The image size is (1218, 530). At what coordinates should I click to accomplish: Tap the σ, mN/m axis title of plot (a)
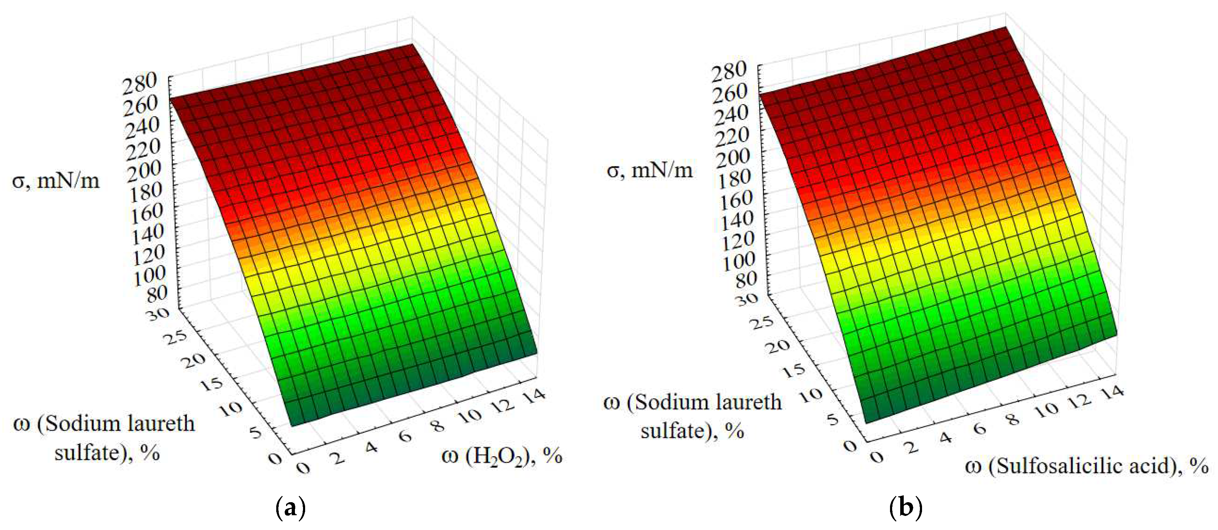coord(56,181)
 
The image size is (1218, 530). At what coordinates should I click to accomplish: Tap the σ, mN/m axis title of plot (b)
coord(650,170)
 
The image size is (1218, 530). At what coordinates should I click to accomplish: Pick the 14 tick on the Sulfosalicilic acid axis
coord(1113,391)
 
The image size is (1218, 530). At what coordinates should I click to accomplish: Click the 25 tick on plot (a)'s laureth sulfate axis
coord(175,337)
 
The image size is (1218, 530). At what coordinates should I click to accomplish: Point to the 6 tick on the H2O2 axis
coord(405,435)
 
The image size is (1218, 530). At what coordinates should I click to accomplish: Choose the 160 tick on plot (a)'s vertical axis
coord(147,213)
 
